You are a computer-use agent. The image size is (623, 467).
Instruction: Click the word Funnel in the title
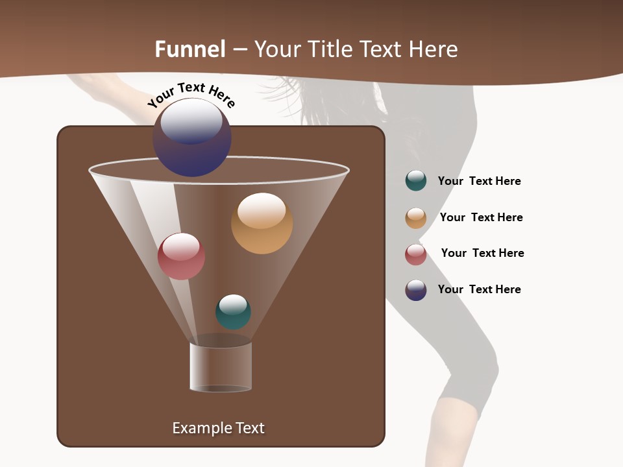tap(189, 49)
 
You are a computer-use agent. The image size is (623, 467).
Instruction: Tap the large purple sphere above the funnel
tap(192, 137)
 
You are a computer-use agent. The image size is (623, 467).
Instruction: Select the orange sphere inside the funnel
tap(262, 223)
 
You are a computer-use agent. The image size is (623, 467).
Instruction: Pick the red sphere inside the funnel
tap(181, 256)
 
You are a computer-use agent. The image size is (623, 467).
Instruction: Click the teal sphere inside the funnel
tap(233, 312)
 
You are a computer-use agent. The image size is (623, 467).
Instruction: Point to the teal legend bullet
tap(416, 181)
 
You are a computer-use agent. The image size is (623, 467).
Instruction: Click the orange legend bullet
tap(416, 218)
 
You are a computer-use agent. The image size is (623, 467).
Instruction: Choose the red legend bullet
tap(416, 254)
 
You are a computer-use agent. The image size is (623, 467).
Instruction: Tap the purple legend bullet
tap(416, 290)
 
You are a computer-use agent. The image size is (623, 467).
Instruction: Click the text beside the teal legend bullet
tap(479, 181)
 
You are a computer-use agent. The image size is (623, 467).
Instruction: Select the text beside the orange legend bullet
tap(481, 217)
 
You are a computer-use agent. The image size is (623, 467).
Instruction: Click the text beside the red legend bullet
tap(482, 253)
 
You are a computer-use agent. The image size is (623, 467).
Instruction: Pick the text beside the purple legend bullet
tap(479, 289)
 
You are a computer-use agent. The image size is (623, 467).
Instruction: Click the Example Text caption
tap(218, 428)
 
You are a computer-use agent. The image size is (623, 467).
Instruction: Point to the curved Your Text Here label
tap(191, 95)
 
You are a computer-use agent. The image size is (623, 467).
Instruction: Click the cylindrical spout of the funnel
tap(221, 366)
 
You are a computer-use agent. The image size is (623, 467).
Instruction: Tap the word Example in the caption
tap(200, 428)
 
